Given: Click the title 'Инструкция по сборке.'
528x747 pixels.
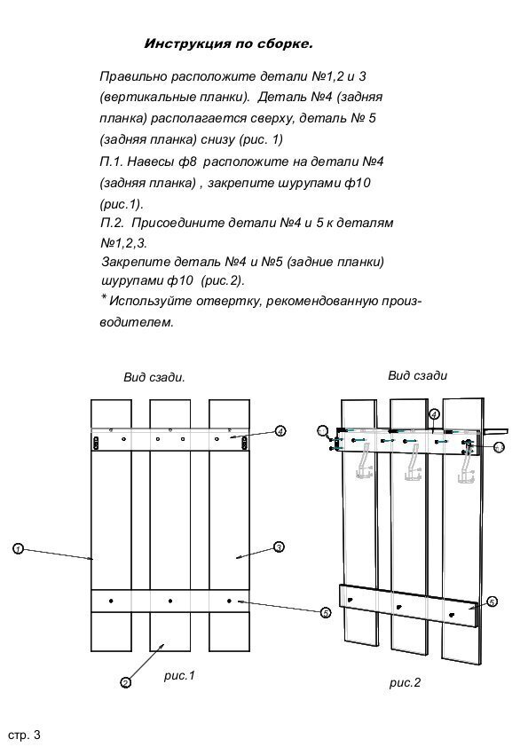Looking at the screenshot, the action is [x=228, y=43].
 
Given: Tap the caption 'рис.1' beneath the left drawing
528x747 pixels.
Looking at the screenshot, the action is [x=179, y=675].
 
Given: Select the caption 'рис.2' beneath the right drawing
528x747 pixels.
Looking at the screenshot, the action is [x=405, y=683].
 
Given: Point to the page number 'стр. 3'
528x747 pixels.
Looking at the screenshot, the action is [x=24, y=735].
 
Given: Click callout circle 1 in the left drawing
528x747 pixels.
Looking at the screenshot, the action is [x=18, y=549].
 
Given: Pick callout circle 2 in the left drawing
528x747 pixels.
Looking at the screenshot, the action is [x=125, y=683].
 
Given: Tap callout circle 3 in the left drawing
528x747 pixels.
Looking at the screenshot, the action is [x=280, y=546].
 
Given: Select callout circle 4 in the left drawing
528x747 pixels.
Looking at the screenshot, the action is [x=280, y=431].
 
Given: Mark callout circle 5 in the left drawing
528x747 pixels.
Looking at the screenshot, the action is [x=326, y=613].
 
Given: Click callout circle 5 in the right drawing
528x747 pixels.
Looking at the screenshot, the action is [x=493, y=602].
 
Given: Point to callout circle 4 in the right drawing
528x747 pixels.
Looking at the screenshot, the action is [x=434, y=414].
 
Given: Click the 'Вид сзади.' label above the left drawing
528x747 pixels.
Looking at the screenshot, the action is [x=154, y=378].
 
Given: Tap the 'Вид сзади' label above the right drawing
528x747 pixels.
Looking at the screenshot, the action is [x=417, y=375].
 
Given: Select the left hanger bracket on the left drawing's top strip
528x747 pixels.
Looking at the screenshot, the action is [x=95, y=443].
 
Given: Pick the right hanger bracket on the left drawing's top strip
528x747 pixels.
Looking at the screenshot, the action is [x=244, y=443].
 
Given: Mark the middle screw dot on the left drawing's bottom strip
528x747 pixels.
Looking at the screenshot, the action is [x=170, y=602].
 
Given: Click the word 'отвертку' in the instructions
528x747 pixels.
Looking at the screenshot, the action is [x=228, y=301].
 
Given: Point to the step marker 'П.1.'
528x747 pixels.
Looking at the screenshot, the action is [x=112, y=162].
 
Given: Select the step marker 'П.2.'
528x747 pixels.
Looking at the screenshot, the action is [x=113, y=223].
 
